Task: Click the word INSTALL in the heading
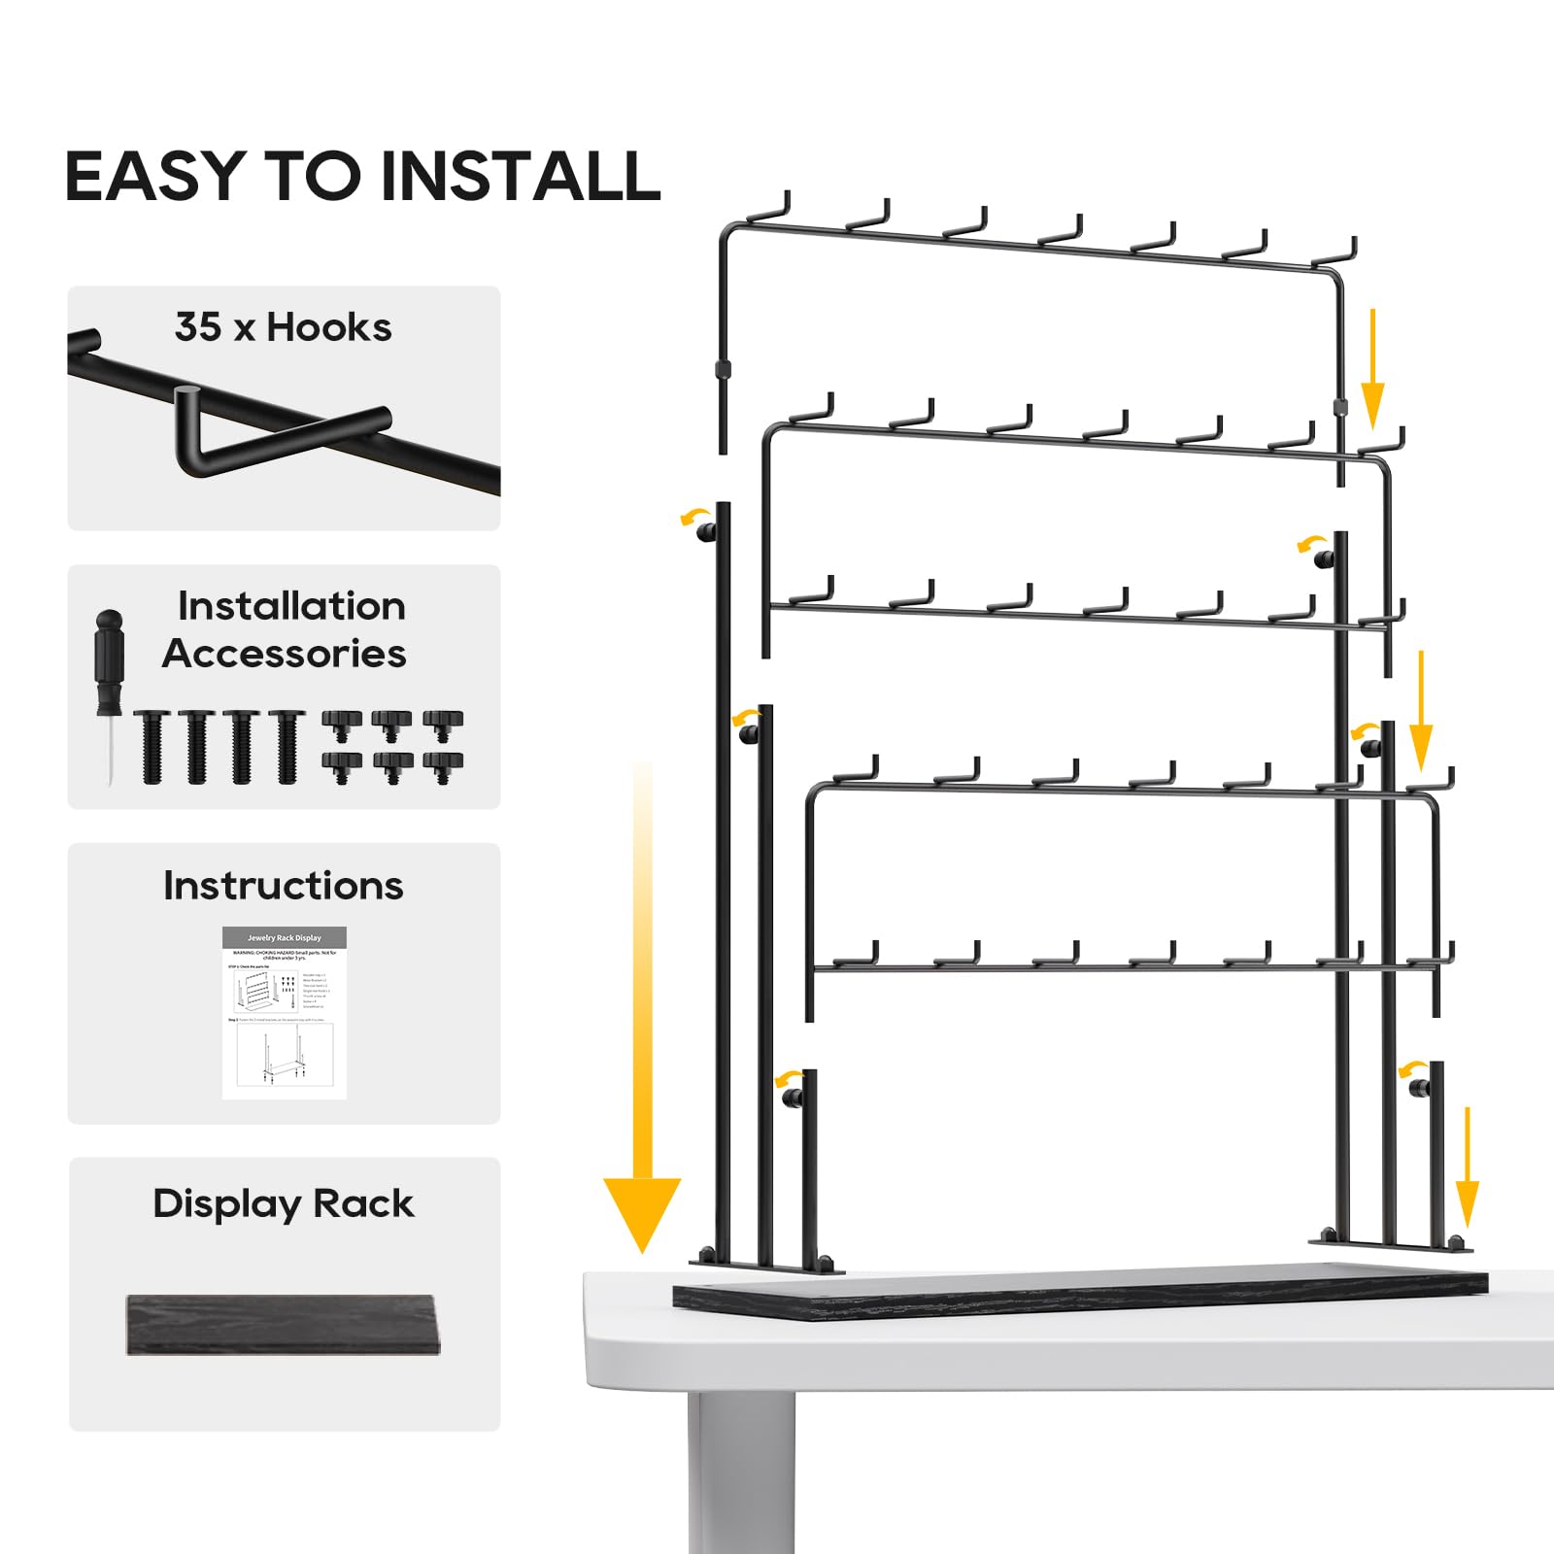[521, 177]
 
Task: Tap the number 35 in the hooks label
[198, 327]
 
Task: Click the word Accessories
[284, 654]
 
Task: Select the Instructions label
[283, 886]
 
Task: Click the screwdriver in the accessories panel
[110, 690]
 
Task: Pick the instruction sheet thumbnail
[284, 1013]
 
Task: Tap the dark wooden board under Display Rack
[283, 1324]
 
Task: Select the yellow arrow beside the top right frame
[1371, 369]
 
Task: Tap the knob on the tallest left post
[708, 531]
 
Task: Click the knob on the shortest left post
[793, 1098]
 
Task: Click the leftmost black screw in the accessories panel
[152, 746]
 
